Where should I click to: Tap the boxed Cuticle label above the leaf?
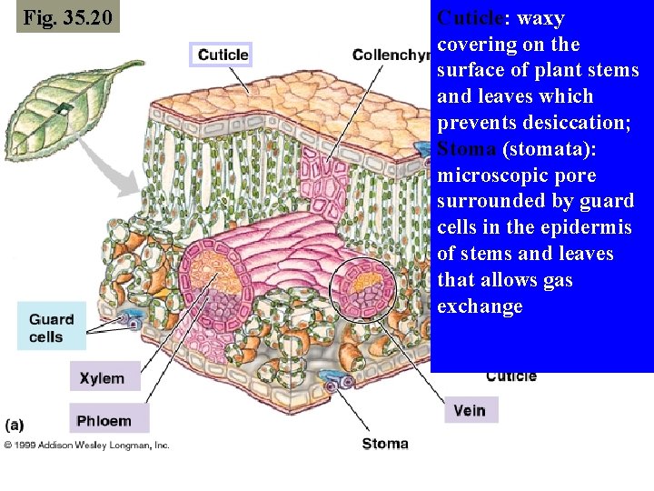(223, 55)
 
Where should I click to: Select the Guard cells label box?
(52, 327)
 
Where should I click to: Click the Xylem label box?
(103, 377)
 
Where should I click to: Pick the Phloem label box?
(104, 420)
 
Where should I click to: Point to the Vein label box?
(470, 410)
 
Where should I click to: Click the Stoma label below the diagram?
(385, 444)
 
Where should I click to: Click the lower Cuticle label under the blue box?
(510, 376)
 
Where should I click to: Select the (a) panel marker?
(15, 424)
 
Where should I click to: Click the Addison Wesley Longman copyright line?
(86, 445)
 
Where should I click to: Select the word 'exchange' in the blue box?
(480, 306)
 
